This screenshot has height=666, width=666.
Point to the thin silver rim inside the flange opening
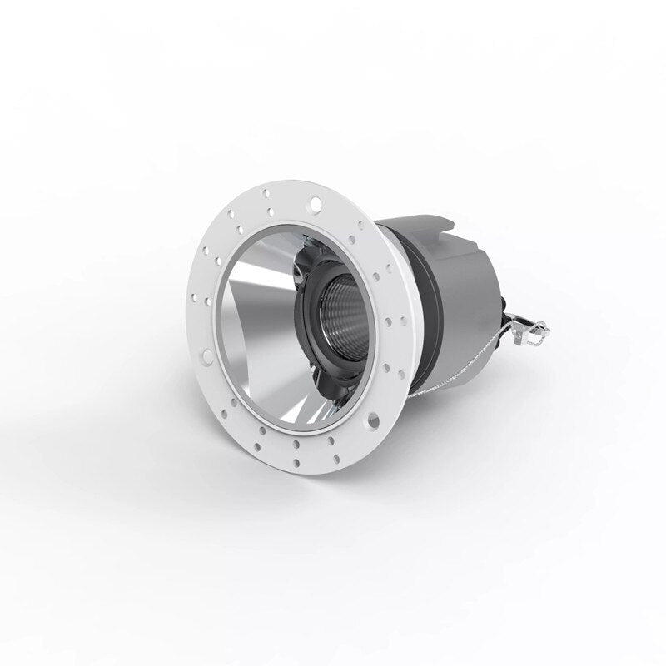click(229, 366)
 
